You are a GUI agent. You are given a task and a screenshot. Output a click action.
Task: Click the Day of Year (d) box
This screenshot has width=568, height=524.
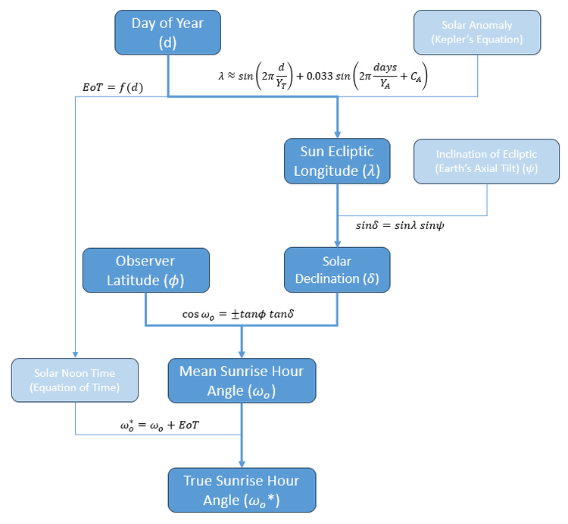pos(167,33)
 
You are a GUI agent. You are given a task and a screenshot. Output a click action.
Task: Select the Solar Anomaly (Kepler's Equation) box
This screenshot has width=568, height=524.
pos(477,33)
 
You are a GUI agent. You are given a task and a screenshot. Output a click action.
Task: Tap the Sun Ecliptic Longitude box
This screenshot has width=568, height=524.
pos(337,161)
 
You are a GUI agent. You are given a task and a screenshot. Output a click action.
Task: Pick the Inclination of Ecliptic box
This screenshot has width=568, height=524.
pos(487,161)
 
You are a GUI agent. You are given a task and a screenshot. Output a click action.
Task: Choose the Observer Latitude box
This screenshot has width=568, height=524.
pos(145,270)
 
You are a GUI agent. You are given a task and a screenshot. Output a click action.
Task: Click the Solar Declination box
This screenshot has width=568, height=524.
pos(337,270)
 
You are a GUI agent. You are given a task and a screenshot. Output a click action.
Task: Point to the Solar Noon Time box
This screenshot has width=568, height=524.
pos(75,381)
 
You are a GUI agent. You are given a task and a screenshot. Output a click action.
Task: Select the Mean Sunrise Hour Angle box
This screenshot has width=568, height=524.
pos(242,381)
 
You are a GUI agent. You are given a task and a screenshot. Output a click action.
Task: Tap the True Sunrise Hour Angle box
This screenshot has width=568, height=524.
pos(242,490)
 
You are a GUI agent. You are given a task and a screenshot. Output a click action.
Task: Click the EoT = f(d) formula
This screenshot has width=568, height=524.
pos(114,88)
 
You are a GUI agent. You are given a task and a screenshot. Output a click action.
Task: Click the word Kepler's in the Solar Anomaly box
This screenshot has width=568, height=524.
pos(464,39)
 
